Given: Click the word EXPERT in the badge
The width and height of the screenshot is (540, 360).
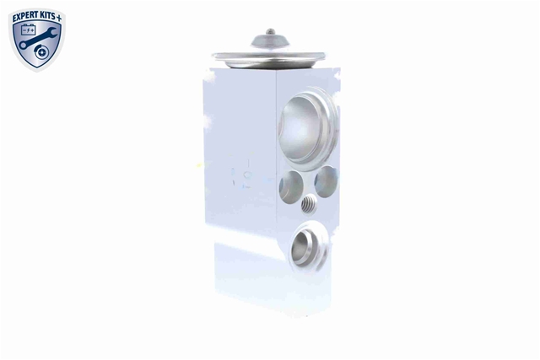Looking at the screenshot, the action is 26,17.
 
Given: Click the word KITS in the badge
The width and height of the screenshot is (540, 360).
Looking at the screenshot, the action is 48,16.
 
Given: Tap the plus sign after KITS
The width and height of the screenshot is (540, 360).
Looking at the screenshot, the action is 59,18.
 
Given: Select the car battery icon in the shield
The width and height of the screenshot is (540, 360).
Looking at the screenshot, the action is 28,30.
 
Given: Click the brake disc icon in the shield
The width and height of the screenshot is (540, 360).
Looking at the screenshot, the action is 41,52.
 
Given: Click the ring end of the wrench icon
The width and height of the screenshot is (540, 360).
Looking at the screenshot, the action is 23,45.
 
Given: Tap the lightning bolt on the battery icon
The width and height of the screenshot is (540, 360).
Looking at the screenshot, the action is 29,30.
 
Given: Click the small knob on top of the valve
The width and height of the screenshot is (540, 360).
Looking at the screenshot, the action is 271,32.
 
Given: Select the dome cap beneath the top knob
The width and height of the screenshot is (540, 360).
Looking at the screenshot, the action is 270,41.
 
